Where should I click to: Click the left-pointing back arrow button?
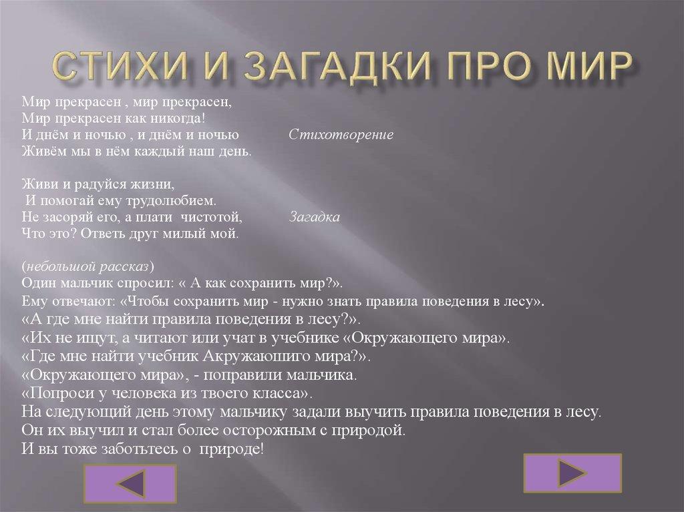(132, 483)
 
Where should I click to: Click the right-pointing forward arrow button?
(572, 473)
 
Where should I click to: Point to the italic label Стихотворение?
(341, 135)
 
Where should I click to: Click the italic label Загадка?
(315, 218)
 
